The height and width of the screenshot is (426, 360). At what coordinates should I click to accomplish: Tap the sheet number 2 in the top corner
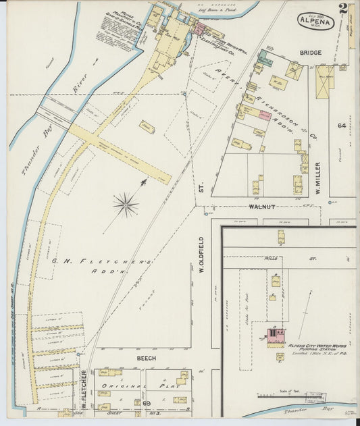344,9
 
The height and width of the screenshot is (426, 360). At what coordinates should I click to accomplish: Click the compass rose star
126,203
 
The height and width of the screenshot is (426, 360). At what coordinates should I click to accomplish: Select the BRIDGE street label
311,53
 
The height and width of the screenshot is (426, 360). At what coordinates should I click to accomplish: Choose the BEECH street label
147,358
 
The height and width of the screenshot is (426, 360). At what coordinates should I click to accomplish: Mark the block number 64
342,126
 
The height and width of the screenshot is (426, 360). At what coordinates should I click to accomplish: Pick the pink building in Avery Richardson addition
263,115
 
